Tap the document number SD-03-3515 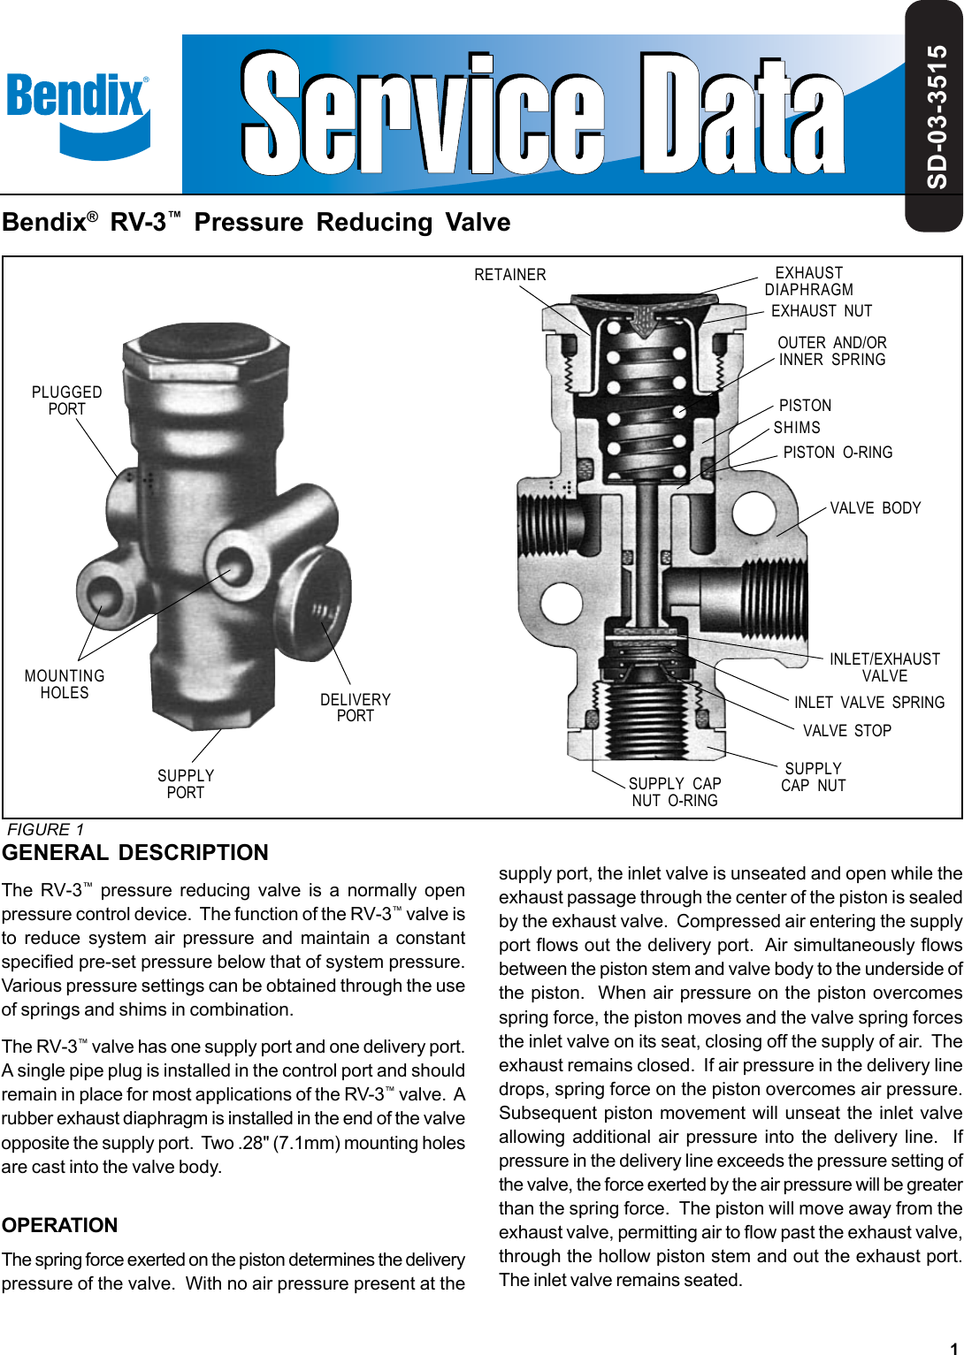pyautogui.click(x=937, y=117)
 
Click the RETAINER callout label pyautogui.click(x=510, y=275)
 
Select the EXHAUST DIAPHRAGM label pyautogui.click(x=809, y=281)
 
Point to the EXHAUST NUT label pyautogui.click(x=822, y=311)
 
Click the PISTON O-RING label pyautogui.click(x=838, y=453)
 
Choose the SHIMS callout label pyautogui.click(x=797, y=428)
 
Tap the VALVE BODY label pyautogui.click(x=875, y=508)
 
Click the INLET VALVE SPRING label pyautogui.click(x=869, y=703)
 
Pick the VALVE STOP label pyautogui.click(x=846, y=731)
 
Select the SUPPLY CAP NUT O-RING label pyautogui.click(x=675, y=792)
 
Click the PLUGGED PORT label pyautogui.click(x=67, y=400)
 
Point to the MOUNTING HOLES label pyautogui.click(x=65, y=684)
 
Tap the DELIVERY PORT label pyautogui.click(x=356, y=708)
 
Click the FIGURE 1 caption pyautogui.click(x=46, y=830)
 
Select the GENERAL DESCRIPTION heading pyautogui.click(x=135, y=853)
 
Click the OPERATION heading pyautogui.click(x=60, y=1225)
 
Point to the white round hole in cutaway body pyautogui.click(x=754, y=512)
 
